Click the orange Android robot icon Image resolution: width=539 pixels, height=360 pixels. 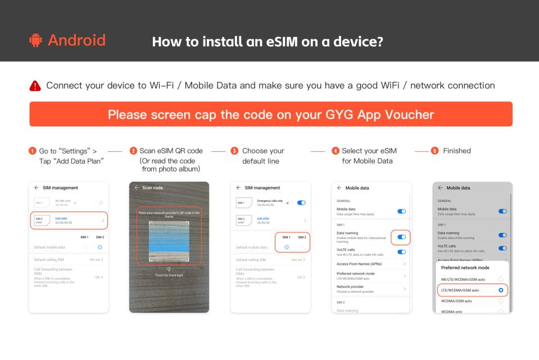click(x=36, y=40)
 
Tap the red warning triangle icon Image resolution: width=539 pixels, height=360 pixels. click(x=35, y=86)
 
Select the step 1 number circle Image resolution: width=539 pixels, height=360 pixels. click(x=32, y=151)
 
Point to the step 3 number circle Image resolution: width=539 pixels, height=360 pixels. click(x=234, y=151)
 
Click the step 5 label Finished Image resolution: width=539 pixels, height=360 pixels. click(x=457, y=151)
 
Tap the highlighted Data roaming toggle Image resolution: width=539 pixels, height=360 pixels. click(x=401, y=237)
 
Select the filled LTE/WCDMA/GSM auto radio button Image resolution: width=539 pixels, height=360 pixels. click(x=500, y=290)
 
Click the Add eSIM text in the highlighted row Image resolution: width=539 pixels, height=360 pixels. click(x=61, y=218)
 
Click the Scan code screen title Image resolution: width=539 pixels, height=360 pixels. click(x=152, y=188)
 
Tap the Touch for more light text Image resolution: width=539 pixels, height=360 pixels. click(x=169, y=276)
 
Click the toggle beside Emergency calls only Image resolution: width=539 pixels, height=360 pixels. click(x=301, y=202)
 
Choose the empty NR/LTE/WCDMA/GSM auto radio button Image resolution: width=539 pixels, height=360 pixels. click(x=500, y=279)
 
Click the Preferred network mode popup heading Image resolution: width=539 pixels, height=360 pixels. click(x=461, y=268)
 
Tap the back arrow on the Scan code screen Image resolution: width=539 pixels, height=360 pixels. click(x=137, y=188)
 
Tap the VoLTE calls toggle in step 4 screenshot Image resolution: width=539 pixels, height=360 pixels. click(x=401, y=252)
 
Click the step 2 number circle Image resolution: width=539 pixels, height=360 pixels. click(x=133, y=151)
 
